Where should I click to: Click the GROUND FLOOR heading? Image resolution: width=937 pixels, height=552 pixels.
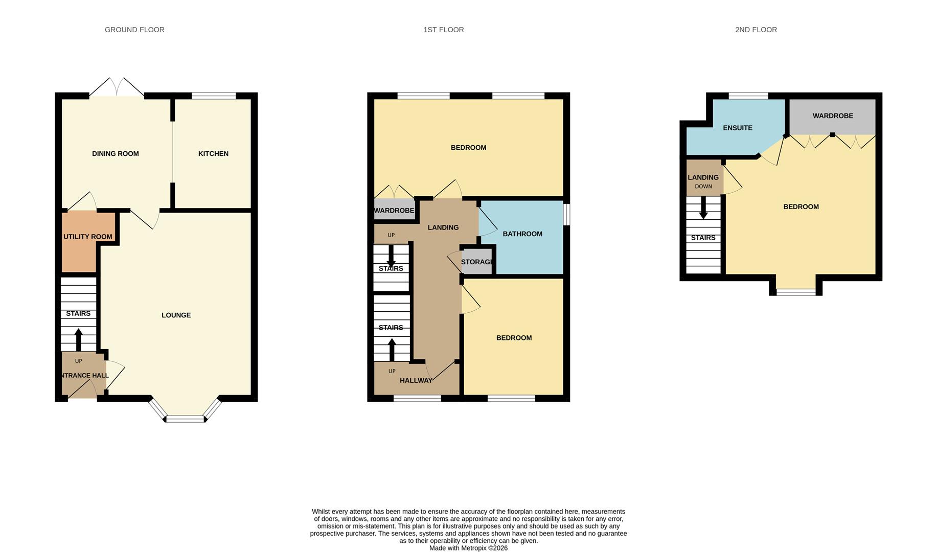[x=134, y=30]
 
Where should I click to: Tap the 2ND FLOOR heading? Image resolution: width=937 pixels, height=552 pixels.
[x=756, y=30]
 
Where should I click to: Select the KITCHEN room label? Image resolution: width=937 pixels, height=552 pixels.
[x=213, y=153]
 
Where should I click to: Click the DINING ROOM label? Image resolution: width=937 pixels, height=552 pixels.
[x=115, y=153]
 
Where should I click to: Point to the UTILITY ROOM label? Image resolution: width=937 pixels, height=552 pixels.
[x=87, y=237]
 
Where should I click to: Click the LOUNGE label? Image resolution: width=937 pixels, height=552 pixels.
[x=176, y=315]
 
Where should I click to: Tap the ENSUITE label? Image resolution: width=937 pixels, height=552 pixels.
[x=737, y=128]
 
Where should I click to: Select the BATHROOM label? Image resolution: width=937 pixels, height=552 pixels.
[x=522, y=234]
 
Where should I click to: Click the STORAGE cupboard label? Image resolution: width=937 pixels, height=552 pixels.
[x=476, y=262]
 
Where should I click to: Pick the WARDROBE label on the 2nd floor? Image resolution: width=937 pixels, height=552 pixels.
[x=832, y=116]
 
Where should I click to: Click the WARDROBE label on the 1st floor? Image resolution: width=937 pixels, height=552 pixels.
[x=394, y=211]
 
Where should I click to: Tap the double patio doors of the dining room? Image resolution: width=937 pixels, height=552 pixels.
[x=117, y=88]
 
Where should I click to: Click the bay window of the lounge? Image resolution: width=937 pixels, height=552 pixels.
[x=185, y=418]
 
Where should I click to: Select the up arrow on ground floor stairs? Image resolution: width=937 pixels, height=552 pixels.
[x=78, y=339]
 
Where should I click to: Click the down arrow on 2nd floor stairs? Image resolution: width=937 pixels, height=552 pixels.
[x=703, y=208]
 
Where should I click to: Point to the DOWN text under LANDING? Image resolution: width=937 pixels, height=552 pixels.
[x=703, y=187]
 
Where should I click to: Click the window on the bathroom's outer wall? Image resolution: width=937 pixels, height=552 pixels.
[x=567, y=214]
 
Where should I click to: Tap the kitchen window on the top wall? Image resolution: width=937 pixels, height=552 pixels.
[x=214, y=96]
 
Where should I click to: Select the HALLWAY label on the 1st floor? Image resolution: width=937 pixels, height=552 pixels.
[x=416, y=380]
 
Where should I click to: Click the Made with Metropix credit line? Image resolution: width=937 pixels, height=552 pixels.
[x=468, y=548]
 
